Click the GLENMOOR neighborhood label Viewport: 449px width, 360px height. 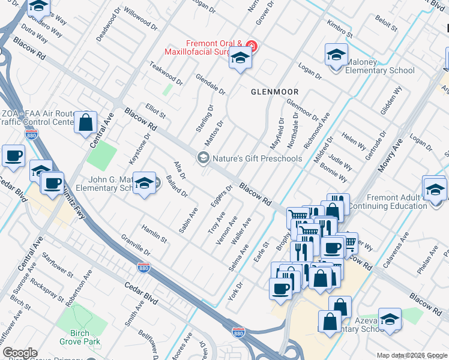(274, 92)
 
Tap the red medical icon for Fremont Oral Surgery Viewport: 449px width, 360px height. (252, 46)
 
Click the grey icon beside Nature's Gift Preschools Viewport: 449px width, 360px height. (203, 158)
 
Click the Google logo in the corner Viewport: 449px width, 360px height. (19, 353)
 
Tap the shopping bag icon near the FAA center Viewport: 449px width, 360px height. (86, 122)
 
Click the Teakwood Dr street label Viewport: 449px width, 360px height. (166, 74)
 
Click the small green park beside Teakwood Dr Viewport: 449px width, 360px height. (169, 89)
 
